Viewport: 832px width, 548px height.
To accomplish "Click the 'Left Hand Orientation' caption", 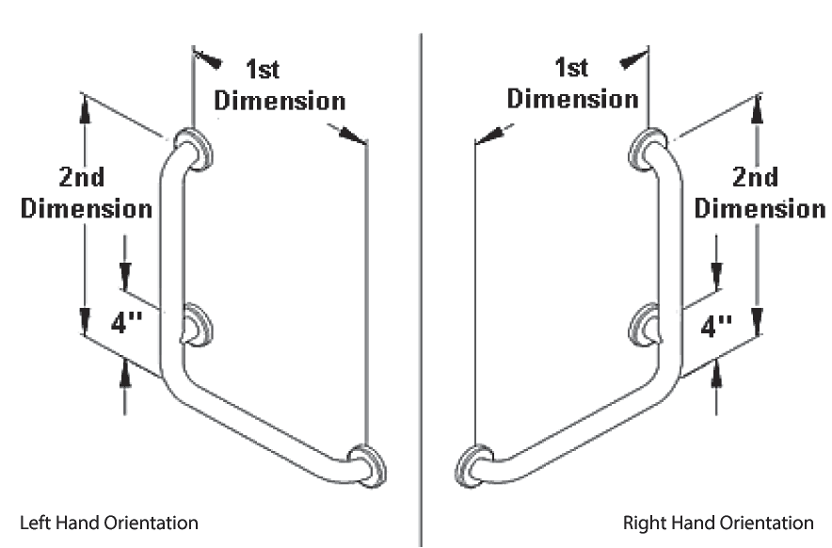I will pyautogui.click(x=108, y=521).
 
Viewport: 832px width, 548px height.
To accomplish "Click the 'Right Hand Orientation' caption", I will pyautogui.click(x=718, y=521).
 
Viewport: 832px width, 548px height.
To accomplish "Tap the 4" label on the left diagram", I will pyautogui.click(x=126, y=324).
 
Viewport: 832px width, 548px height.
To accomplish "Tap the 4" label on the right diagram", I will pyautogui.click(x=717, y=327).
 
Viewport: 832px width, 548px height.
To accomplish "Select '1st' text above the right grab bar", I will pyautogui.click(x=572, y=68).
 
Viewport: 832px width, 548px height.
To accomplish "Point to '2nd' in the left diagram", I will pyautogui.click(x=81, y=177).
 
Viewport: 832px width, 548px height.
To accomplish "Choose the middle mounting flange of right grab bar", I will pyautogui.click(x=647, y=323).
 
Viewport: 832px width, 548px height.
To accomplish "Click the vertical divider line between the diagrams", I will pyautogui.click(x=421, y=282).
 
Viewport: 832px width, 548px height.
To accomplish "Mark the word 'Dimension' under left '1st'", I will pyautogui.click(x=280, y=102).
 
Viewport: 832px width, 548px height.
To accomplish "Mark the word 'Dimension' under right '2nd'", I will pyautogui.click(x=760, y=207).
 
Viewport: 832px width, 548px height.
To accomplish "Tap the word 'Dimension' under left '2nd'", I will pyautogui.click(x=87, y=208).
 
